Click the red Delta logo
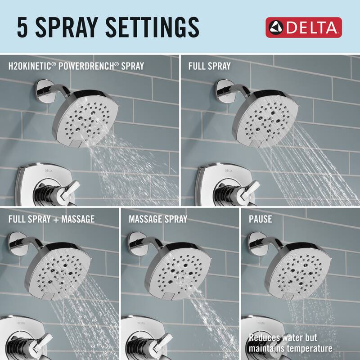click(304, 27)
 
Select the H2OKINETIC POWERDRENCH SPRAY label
click(76, 66)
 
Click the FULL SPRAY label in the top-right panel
click(209, 66)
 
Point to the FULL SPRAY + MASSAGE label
click(51, 219)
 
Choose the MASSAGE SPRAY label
click(158, 219)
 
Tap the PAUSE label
click(261, 219)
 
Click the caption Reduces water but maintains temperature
click(291, 343)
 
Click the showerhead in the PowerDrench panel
click(90, 117)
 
